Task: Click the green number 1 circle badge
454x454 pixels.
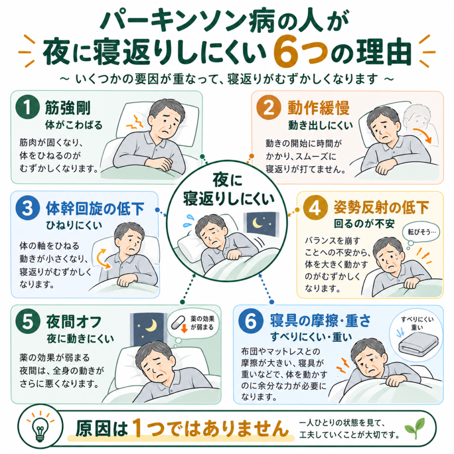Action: (28, 107)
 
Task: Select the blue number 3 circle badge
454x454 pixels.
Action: (28, 208)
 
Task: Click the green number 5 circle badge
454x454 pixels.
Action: (28, 321)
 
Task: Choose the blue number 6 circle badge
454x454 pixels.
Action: (251, 321)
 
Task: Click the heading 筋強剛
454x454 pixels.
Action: (68, 108)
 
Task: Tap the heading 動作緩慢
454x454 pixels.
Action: (318, 108)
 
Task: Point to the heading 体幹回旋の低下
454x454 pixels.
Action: (95, 208)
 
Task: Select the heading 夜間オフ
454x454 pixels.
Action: (74, 322)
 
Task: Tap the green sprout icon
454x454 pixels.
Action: (415, 428)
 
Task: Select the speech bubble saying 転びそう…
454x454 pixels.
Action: (421, 231)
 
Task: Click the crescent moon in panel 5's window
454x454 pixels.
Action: (152, 325)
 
